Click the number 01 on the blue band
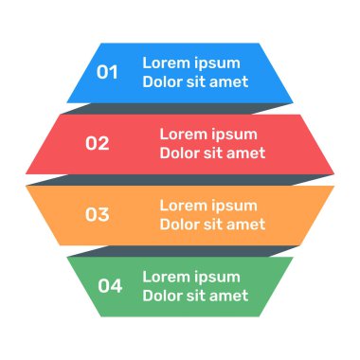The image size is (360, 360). [x=107, y=72]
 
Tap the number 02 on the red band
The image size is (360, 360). [x=98, y=144]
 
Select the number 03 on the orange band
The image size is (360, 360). [x=98, y=214]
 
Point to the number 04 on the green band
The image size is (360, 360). [x=110, y=285]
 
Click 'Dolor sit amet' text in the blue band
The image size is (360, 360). [x=195, y=81]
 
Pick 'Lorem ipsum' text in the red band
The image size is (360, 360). [x=207, y=135]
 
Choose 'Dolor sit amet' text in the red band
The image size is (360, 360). [x=212, y=153]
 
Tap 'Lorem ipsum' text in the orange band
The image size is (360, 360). [x=207, y=206]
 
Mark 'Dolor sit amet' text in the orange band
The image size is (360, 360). [x=212, y=225]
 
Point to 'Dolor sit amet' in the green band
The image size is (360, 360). [x=195, y=296]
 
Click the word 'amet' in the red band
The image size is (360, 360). [x=246, y=153]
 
